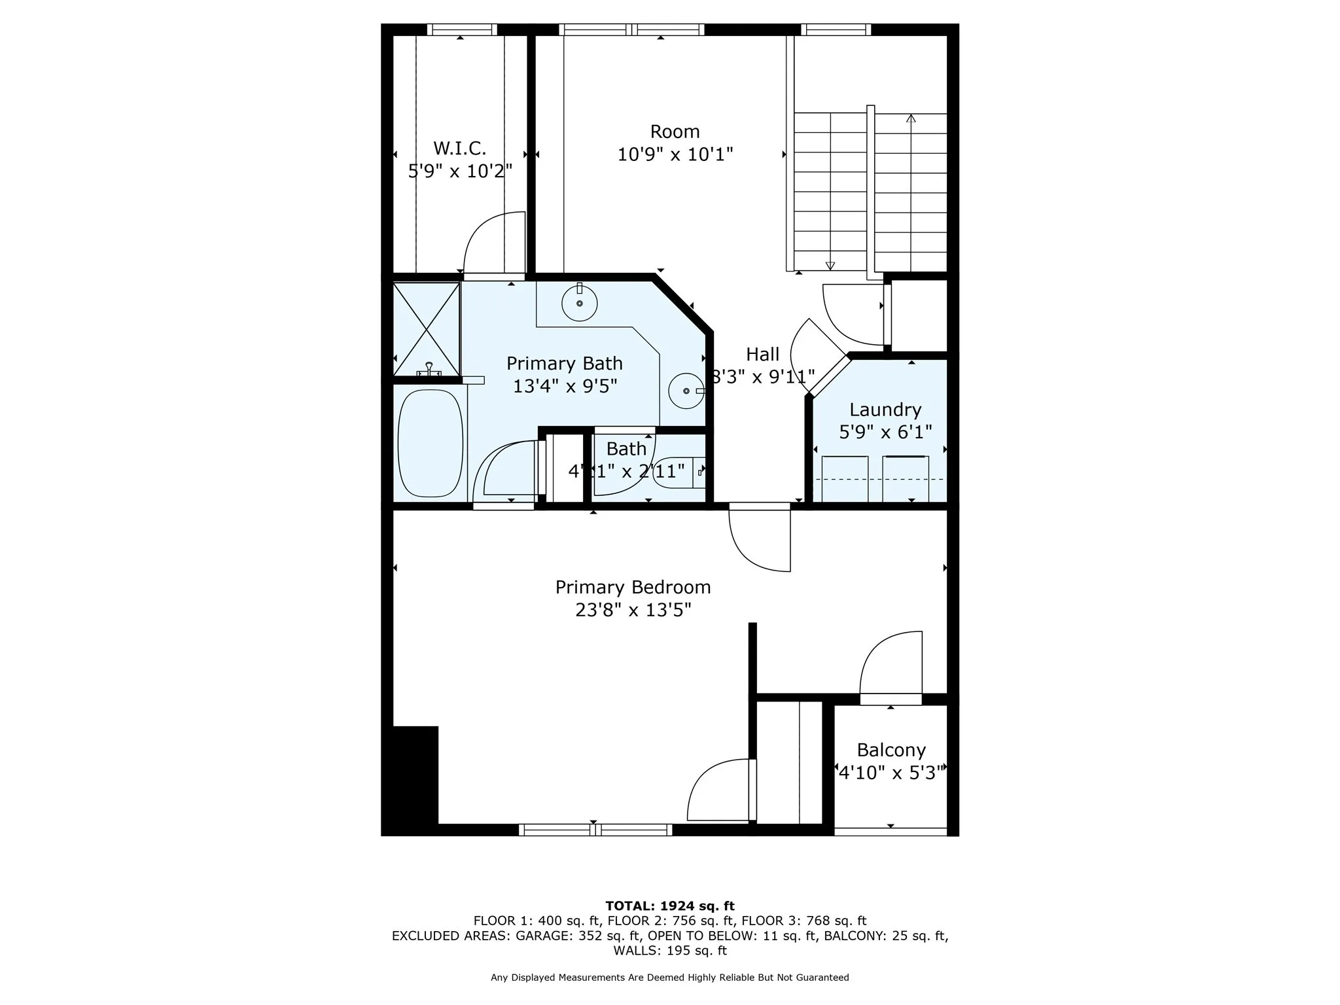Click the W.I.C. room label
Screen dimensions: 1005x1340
(459, 149)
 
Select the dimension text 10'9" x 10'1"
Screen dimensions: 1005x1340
(675, 155)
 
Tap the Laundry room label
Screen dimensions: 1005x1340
(885, 410)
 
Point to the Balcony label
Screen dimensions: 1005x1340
(890, 750)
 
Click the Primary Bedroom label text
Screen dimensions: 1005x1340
(633, 588)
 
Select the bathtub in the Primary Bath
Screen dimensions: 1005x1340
(430, 443)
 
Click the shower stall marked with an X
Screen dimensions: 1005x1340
(426, 328)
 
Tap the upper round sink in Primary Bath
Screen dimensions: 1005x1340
(579, 304)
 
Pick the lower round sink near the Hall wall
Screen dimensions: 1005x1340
(686, 391)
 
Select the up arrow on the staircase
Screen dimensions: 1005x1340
(910, 119)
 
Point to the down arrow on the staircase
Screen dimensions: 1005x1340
(830, 265)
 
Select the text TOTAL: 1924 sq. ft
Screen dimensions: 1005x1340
(669, 906)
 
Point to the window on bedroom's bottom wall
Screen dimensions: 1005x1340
(595, 830)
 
